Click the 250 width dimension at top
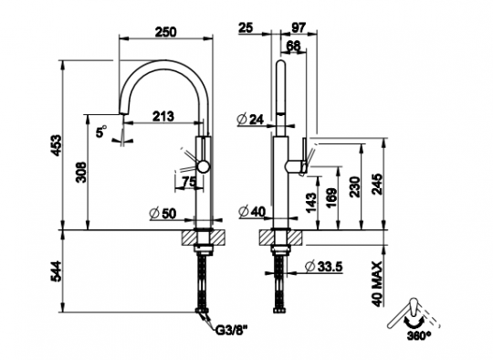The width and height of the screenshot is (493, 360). point(164,31)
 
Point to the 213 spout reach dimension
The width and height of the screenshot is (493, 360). point(163,115)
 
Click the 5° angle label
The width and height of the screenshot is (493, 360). point(101,132)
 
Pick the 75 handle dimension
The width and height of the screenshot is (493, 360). point(189,181)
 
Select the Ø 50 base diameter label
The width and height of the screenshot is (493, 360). point(162,213)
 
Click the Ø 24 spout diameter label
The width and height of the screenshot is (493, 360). point(250,119)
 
